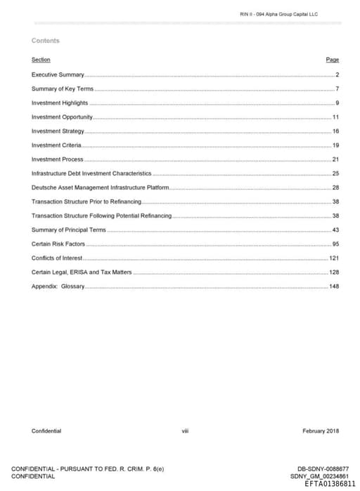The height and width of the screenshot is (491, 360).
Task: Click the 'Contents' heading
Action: coord(46,41)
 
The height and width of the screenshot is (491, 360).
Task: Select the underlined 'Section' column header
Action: coord(41,60)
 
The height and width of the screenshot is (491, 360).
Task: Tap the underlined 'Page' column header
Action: coord(333,60)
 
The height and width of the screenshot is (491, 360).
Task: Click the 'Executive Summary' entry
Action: coord(58,74)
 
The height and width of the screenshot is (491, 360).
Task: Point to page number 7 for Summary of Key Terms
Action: coord(337,89)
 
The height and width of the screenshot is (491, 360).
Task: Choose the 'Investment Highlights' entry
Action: coord(60,103)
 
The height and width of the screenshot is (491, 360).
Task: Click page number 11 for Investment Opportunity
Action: coord(336,117)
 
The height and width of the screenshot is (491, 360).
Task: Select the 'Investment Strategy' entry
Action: coord(58,131)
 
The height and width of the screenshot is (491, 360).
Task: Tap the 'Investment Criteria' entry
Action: coord(56,145)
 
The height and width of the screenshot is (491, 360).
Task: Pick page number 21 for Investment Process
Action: coord(336,159)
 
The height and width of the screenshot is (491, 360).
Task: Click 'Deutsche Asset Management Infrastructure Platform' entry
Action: coord(100,188)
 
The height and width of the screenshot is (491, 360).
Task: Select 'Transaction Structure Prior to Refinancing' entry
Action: coord(86,202)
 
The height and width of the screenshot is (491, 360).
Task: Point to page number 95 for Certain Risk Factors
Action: coord(336,244)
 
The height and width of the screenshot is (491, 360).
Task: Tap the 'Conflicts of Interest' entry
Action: coord(57,258)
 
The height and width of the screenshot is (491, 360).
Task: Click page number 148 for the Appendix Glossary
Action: coord(335,287)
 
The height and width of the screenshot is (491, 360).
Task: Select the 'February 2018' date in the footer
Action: coord(321,431)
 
